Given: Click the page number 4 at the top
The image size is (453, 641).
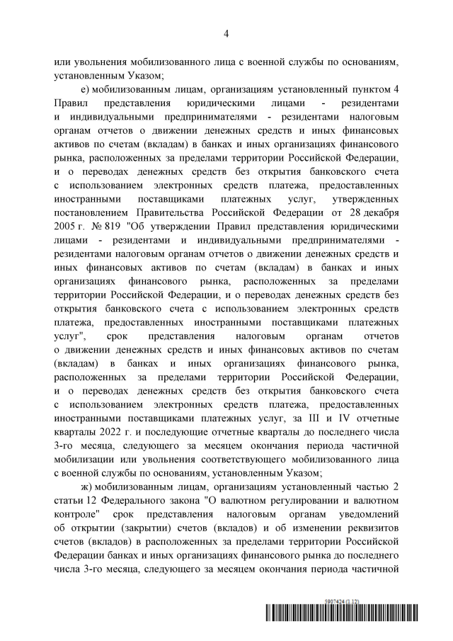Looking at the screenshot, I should pyautogui.click(x=226, y=33).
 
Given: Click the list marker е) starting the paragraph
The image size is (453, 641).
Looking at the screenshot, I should pyautogui.click(x=87, y=88).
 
